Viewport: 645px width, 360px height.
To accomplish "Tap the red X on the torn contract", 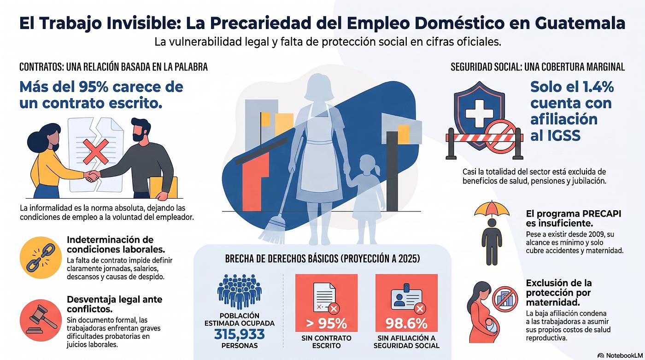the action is coord(96,151).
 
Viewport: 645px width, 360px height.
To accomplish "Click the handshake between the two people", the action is coord(92,176).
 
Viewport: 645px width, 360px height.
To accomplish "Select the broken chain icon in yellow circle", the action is coord(41,258).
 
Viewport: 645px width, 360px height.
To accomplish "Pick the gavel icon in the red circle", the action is coord(41,320).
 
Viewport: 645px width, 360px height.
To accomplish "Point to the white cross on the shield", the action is coord(479,113).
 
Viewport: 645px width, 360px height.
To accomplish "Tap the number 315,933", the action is coord(239,334).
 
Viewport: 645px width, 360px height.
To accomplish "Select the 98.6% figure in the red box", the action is coord(406,324).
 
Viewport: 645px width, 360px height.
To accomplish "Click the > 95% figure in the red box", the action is coord(326,324).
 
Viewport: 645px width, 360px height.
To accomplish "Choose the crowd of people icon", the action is coord(239,291).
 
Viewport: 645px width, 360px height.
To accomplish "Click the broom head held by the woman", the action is coord(272,230).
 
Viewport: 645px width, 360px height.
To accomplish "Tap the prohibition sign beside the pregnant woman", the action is coord(505,299).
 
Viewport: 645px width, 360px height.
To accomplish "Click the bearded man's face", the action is coord(140,132).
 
